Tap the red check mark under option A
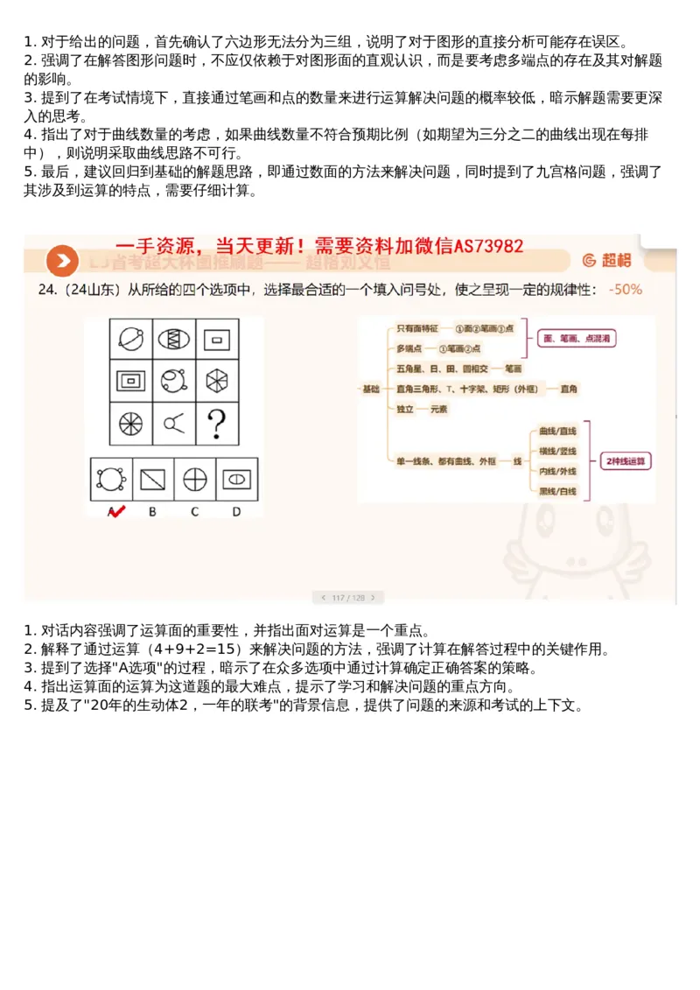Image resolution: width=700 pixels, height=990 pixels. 114,511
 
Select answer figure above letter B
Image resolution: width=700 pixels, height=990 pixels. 153,480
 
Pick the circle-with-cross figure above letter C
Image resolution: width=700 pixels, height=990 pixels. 194,480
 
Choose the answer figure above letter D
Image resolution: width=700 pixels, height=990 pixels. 236,479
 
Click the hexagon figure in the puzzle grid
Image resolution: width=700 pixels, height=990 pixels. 214,379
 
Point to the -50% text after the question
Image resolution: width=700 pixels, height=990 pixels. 626,289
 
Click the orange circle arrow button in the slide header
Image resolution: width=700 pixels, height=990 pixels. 61,260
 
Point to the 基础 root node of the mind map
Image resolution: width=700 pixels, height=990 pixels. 372,388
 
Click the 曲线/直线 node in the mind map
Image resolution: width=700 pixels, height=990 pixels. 557,431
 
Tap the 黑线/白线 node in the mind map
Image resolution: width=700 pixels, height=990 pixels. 557,491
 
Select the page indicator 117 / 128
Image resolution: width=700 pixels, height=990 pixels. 348,598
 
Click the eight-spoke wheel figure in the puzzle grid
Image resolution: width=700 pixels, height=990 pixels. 130,424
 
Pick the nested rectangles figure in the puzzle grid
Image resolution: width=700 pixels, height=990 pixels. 130,380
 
